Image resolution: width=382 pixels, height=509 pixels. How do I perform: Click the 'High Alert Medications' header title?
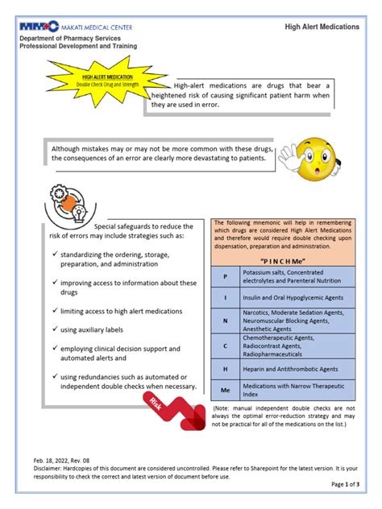tap(322, 27)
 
